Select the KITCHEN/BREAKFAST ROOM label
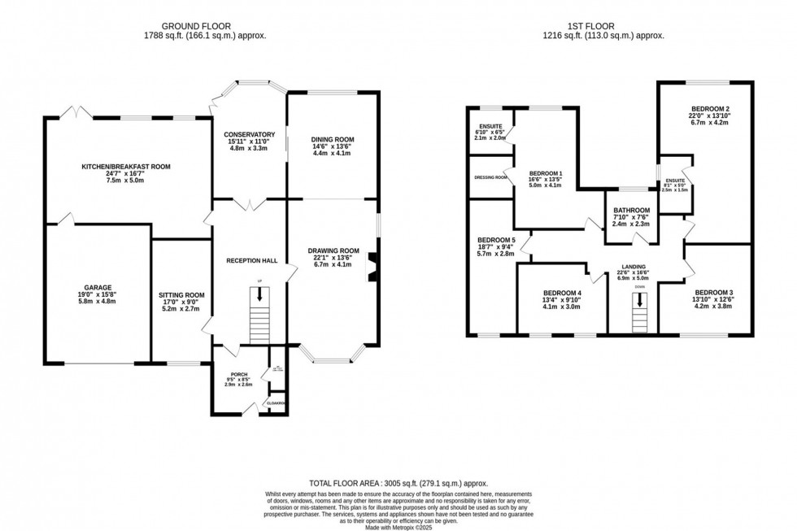[126, 167]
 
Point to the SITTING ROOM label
[181, 295]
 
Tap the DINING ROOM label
[333, 140]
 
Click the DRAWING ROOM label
[333, 250]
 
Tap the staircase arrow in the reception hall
[259, 297]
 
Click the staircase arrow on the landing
[640, 301]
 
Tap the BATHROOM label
[631, 210]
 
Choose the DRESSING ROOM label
[490, 177]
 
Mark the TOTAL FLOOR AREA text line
[398, 482]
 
